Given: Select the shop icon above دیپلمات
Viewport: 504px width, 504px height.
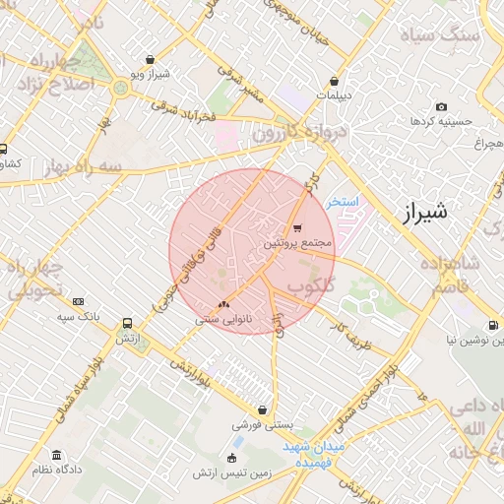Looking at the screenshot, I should coord(337,82).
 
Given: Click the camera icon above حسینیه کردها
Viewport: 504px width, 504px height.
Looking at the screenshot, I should coord(440,106).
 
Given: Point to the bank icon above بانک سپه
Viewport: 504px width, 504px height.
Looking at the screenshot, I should coord(79,302).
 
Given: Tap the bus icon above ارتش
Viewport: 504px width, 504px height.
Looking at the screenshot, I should coord(127,324).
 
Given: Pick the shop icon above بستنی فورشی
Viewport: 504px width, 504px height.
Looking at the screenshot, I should coord(262,410).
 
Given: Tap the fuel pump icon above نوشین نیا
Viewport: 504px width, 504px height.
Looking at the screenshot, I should coord(492,326).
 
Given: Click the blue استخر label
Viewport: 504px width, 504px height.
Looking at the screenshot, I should coord(346,201).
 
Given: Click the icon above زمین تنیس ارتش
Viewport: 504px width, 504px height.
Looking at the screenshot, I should coord(231,458).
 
